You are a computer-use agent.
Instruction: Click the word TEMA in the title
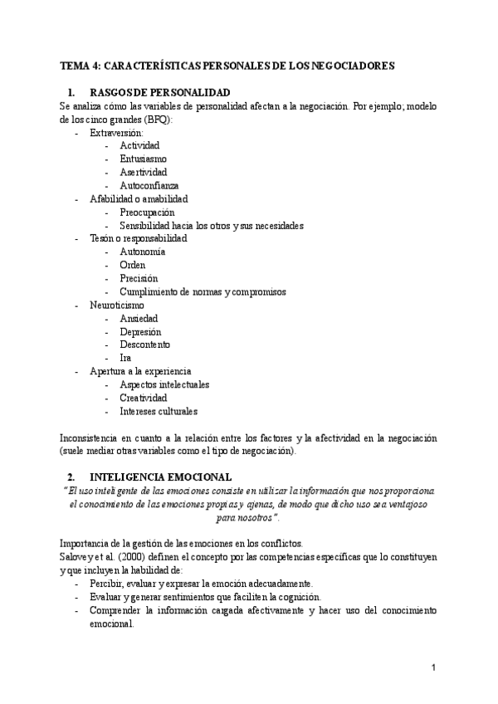(76, 64)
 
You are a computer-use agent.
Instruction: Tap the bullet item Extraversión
(116, 133)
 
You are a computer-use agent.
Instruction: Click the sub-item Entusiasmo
(143, 159)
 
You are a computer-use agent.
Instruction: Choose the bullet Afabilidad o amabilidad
(139, 199)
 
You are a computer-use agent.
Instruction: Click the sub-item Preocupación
(147, 213)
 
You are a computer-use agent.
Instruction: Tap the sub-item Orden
(132, 266)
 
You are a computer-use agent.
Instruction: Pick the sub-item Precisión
(139, 279)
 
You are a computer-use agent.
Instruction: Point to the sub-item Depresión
(140, 332)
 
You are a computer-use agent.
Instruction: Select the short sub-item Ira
(125, 359)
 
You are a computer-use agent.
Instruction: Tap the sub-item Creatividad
(144, 398)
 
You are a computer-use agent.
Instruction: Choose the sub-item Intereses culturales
(159, 411)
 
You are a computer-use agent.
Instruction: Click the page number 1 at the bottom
(434, 667)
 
